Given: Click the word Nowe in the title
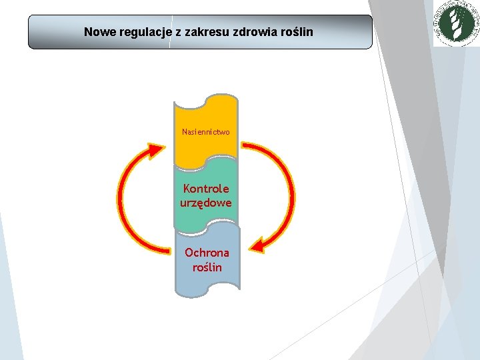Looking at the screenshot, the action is click(98, 32).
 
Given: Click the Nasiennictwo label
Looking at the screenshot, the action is click(206, 132).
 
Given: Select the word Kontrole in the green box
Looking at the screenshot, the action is click(206, 189).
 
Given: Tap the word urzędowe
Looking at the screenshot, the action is click(206, 202).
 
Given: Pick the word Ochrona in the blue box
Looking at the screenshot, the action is click(207, 253).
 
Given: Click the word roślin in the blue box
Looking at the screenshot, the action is click(207, 267).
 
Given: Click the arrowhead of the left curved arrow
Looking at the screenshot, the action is click(156, 150).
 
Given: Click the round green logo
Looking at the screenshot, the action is click(457, 24).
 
